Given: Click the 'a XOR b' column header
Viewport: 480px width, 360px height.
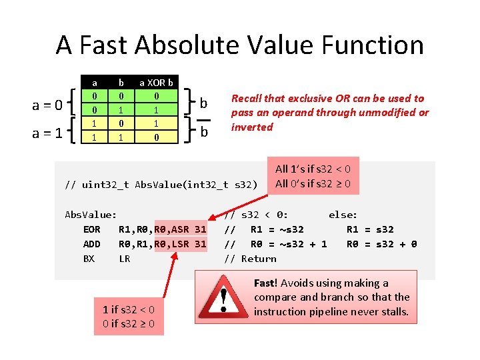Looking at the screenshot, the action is [156, 83].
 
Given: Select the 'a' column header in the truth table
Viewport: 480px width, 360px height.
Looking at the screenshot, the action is [95, 83].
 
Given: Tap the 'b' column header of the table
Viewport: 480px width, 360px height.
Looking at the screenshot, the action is [121, 83].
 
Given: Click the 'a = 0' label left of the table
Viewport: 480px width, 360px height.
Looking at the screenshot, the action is [48, 105].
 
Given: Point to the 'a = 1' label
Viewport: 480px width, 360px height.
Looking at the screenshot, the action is [48, 133].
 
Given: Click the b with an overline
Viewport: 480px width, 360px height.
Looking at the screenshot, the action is [204, 132].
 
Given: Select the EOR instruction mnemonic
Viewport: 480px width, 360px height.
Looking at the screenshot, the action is [91, 229].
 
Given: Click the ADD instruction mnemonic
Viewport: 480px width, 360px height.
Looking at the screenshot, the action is [91, 244].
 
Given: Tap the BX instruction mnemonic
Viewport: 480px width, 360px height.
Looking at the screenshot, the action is [89, 259].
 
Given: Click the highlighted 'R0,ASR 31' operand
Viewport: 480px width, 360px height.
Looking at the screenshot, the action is [180, 229].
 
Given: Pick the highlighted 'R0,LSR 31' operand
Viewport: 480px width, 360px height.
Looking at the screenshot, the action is [180, 244].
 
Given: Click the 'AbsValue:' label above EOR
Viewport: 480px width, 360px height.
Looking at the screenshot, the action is [91, 215].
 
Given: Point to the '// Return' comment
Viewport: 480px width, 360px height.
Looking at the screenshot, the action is [250, 259].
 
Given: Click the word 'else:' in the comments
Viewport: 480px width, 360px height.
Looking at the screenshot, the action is [343, 215].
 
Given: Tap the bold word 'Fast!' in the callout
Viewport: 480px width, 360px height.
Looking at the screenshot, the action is [266, 283].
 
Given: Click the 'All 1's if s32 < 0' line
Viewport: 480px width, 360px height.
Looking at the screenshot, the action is [313, 169].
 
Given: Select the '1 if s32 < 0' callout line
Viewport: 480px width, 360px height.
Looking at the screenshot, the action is [128, 309].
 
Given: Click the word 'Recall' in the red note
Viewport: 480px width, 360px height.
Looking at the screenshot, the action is [247, 98].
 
